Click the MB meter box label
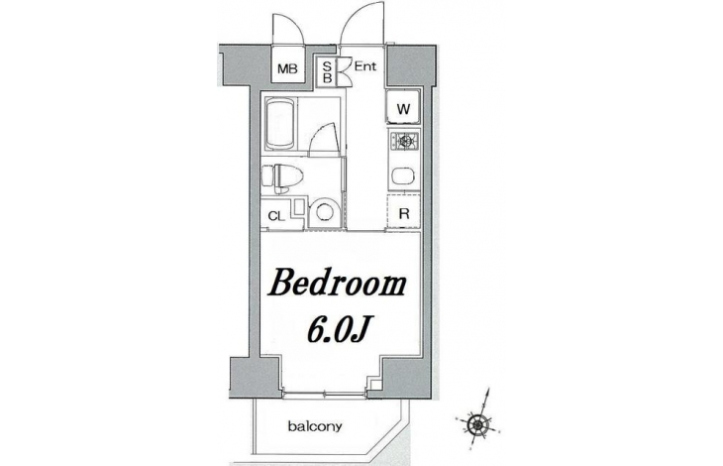click(287, 69)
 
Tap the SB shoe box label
click(327, 71)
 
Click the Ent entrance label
click(365, 66)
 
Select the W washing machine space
click(403, 107)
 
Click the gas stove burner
click(405, 140)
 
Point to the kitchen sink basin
click(403, 176)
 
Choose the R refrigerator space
click(403, 213)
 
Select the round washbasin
click(323, 213)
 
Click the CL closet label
click(276, 216)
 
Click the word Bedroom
click(337, 284)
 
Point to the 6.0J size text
click(340, 331)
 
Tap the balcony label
click(315, 426)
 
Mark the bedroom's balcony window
click(325, 394)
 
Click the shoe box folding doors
click(344, 71)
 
